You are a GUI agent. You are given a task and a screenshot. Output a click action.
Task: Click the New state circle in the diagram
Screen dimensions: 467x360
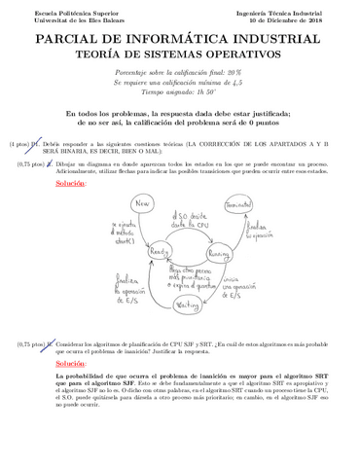[x=117, y=205]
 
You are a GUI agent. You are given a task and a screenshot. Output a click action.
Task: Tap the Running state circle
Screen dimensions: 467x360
[x=218, y=250]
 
